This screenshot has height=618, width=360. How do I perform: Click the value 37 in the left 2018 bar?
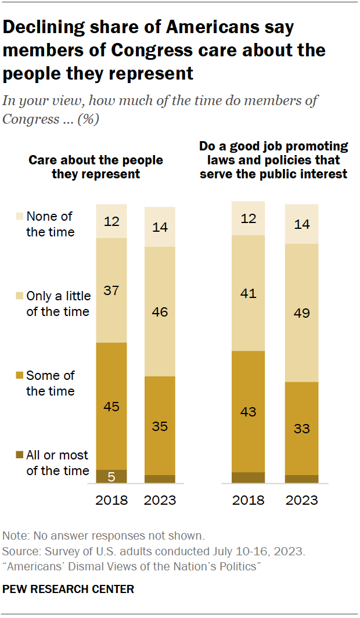111,290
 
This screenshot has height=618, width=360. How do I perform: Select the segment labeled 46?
160,312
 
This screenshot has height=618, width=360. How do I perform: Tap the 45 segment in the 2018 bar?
111,406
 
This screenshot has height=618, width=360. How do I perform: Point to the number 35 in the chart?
160,426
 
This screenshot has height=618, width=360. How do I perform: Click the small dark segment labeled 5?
111,476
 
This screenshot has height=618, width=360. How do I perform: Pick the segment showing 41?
248,293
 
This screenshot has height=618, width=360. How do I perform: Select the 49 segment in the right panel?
302,313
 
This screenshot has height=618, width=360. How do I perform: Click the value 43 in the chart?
248,412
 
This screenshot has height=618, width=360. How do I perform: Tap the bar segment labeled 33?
302,429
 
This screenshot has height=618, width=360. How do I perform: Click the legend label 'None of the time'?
51,224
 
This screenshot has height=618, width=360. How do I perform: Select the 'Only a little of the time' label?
58,304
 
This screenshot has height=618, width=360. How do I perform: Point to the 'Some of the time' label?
51,383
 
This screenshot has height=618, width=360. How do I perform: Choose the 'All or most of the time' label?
57,463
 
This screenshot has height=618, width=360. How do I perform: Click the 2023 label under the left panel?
160,500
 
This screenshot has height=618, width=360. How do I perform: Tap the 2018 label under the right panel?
248,500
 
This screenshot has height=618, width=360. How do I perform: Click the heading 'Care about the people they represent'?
96,167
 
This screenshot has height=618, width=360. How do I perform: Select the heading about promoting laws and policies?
273,160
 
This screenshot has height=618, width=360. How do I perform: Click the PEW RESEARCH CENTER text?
69,589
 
